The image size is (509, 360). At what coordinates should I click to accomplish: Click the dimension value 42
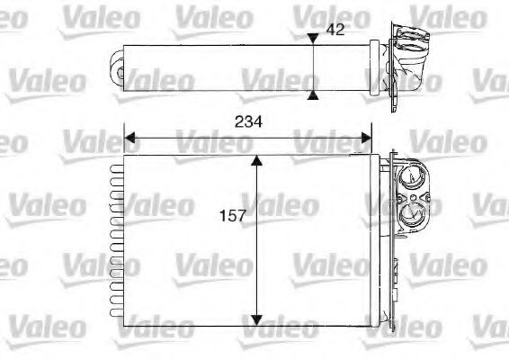point(335,30)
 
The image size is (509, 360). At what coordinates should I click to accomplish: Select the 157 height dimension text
point(232,216)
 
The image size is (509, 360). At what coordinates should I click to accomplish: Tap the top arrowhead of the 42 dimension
point(312,38)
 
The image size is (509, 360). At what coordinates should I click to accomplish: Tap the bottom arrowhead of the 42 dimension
point(312,93)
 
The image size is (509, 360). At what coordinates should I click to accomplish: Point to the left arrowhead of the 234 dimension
point(129,139)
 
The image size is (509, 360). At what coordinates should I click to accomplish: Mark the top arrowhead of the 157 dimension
point(257,160)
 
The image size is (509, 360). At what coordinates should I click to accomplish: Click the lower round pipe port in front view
point(413,214)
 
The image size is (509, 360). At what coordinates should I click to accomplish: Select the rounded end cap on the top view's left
point(116,65)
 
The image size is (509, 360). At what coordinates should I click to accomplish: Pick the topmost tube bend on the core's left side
point(114,166)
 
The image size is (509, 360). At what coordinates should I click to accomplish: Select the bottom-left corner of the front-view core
point(123,326)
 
